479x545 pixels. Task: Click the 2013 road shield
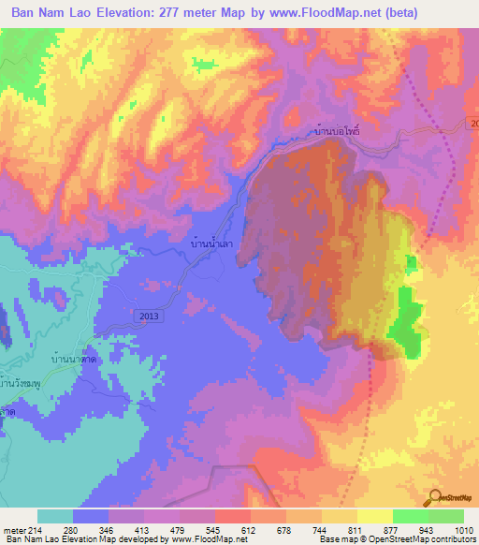149,317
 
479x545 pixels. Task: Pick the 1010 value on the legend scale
453,531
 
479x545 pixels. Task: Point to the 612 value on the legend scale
248,531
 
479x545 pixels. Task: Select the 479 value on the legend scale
177,531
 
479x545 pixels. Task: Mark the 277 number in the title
167,12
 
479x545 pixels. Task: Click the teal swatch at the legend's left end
55,516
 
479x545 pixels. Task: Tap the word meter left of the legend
15,531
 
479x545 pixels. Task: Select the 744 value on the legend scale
318,531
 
